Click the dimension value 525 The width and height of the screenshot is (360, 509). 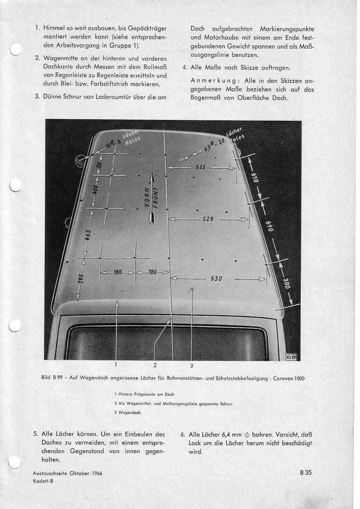pyautogui.click(x=201, y=167)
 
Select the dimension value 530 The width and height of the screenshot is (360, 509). pyautogui.click(x=216, y=278)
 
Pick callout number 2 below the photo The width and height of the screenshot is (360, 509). pyautogui.click(x=154, y=365)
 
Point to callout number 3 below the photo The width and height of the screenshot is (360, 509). pyautogui.click(x=191, y=366)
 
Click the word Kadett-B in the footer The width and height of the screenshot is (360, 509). pyautogui.click(x=44, y=480)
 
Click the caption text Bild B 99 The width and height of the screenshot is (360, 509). pyautogui.click(x=52, y=378)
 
